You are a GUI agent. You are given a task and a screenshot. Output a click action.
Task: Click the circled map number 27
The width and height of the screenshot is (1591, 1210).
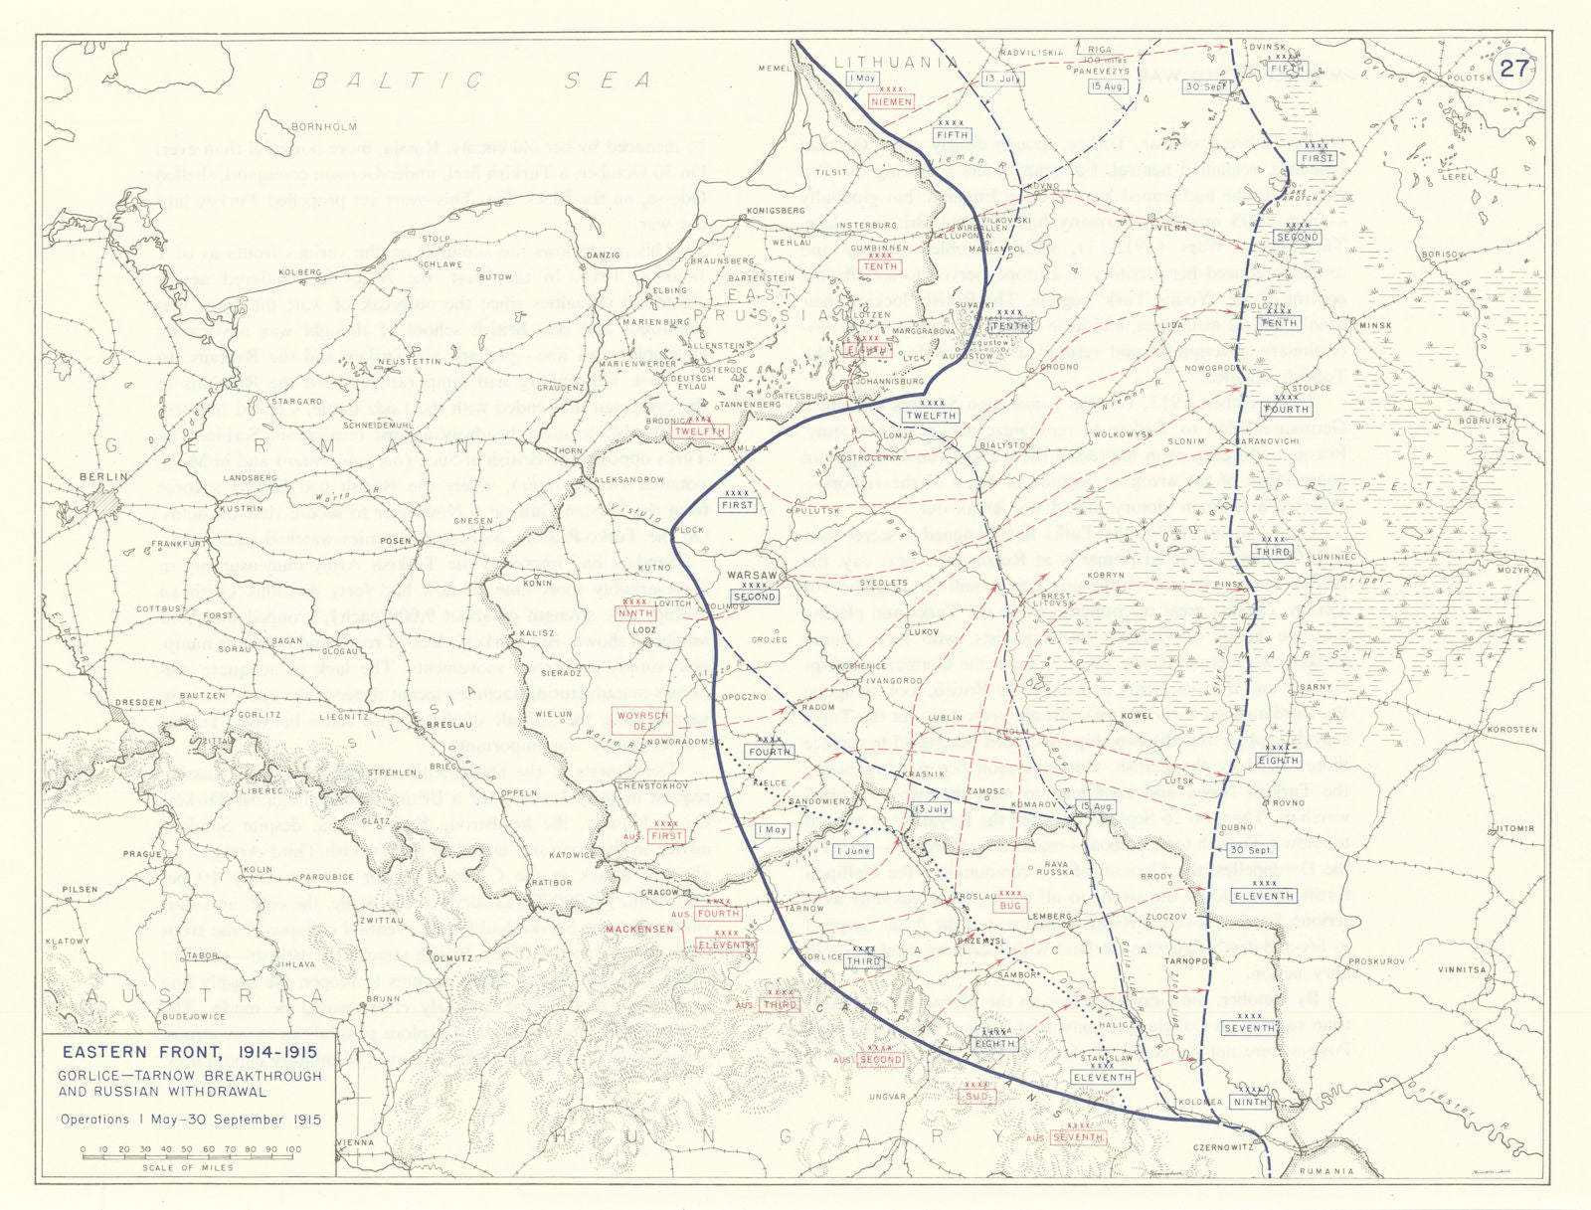pos(1513,69)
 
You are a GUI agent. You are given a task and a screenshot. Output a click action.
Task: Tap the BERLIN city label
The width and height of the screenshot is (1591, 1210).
pos(104,477)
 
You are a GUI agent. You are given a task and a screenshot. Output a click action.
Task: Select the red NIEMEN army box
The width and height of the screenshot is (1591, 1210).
pos(890,101)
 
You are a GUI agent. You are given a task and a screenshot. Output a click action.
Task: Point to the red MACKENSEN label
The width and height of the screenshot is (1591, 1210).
pos(640,929)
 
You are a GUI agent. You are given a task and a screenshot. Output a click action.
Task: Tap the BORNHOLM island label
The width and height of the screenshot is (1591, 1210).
pos(323,127)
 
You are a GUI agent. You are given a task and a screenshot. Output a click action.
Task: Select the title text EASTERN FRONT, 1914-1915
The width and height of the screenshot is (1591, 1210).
pos(190,1052)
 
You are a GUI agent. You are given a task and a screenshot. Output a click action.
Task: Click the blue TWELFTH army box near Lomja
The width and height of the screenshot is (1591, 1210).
pos(931,416)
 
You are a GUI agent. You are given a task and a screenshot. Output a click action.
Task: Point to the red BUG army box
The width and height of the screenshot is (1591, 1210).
pos(1010,906)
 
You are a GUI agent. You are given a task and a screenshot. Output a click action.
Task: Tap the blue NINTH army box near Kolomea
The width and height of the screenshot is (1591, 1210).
pos(1250,1102)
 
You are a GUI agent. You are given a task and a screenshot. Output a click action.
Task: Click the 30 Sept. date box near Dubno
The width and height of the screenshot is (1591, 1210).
pos(1251,850)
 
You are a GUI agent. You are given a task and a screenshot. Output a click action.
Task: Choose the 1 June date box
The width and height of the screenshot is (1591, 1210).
pos(853,851)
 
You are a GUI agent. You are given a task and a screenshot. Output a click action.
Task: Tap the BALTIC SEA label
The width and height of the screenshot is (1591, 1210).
pos(482,80)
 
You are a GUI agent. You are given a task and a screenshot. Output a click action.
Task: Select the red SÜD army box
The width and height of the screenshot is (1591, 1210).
pos(975,1096)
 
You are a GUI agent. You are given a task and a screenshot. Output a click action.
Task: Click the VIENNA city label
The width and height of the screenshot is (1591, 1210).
pos(355,1142)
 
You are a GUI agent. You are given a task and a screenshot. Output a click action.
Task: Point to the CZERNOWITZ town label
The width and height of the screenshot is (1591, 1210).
pos(1223,1147)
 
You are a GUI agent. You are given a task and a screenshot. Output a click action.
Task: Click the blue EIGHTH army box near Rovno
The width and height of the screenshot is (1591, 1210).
pos(1278,761)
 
